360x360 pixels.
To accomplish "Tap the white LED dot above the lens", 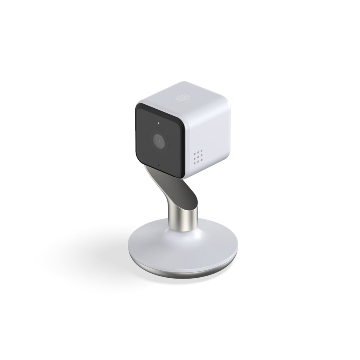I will (x=158, y=123).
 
